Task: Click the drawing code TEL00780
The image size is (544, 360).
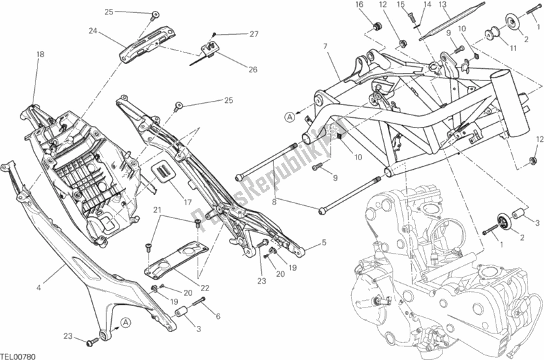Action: (x=18, y=355)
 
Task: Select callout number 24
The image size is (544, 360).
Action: (x=93, y=30)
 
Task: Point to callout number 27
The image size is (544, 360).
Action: (x=254, y=34)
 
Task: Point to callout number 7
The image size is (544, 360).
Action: (x=327, y=46)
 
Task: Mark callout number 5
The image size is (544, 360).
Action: (x=324, y=242)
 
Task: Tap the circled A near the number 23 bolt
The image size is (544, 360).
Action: (x=125, y=322)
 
